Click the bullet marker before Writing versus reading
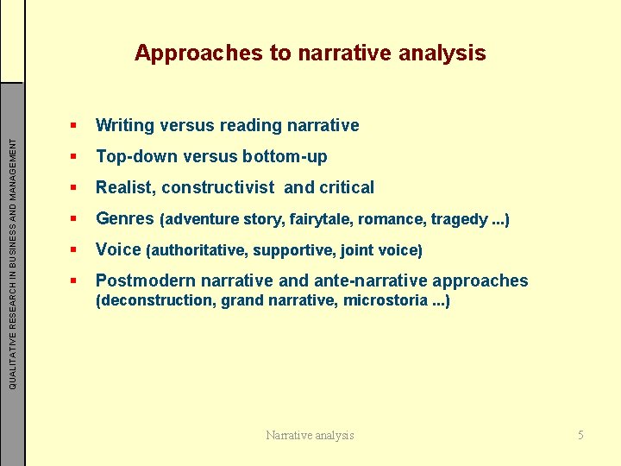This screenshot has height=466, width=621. (x=75, y=126)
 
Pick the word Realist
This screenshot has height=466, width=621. (x=125, y=187)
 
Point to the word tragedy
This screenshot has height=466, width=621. (x=455, y=219)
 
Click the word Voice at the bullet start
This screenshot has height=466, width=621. (x=118, y=249)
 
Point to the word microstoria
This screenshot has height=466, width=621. (x=385, y=300)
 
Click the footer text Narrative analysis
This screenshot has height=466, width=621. (x=310, y=435)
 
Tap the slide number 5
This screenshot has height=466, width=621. (x=580, y=435)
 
